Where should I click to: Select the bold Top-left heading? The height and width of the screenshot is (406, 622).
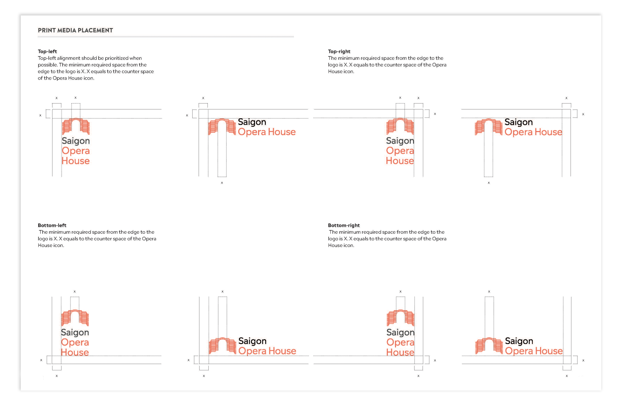[47, 51]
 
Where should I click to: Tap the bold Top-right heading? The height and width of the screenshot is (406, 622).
[339, 51]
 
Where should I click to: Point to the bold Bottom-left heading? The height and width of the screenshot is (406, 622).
[52, 225]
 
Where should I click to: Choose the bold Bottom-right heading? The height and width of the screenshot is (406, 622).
[344, 225]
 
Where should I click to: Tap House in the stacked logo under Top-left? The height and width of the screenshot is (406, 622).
[76, 161]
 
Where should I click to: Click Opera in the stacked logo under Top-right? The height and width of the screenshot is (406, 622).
[400, 151]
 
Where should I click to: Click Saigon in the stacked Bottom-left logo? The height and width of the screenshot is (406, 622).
[75, 332]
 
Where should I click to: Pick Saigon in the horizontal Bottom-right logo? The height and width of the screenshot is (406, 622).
[519, 341]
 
